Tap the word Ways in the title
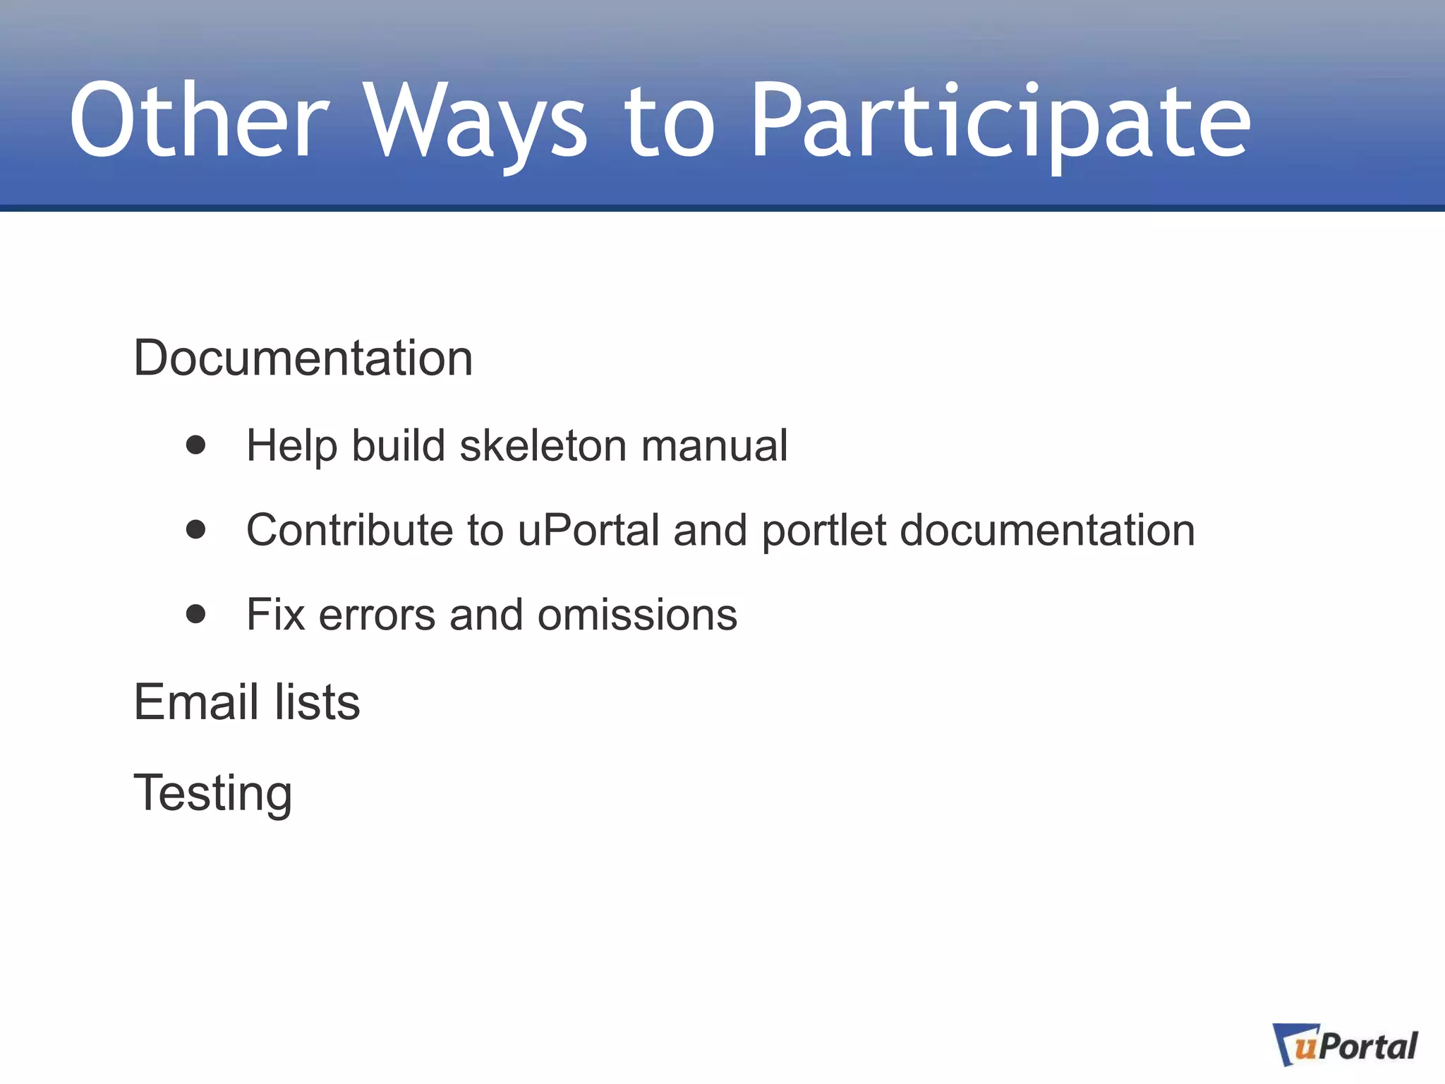coord(477,124)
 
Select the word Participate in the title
coord(1000,124)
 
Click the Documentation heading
coord(303,358)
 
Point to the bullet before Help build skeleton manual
coord(195,445)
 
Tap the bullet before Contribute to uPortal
coord(195,529)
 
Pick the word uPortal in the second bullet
coord(588,530)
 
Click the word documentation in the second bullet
coord(1048,530)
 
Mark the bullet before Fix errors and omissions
coord(195,614)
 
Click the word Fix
coord(275,615)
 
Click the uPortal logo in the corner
coord(1345,1045)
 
